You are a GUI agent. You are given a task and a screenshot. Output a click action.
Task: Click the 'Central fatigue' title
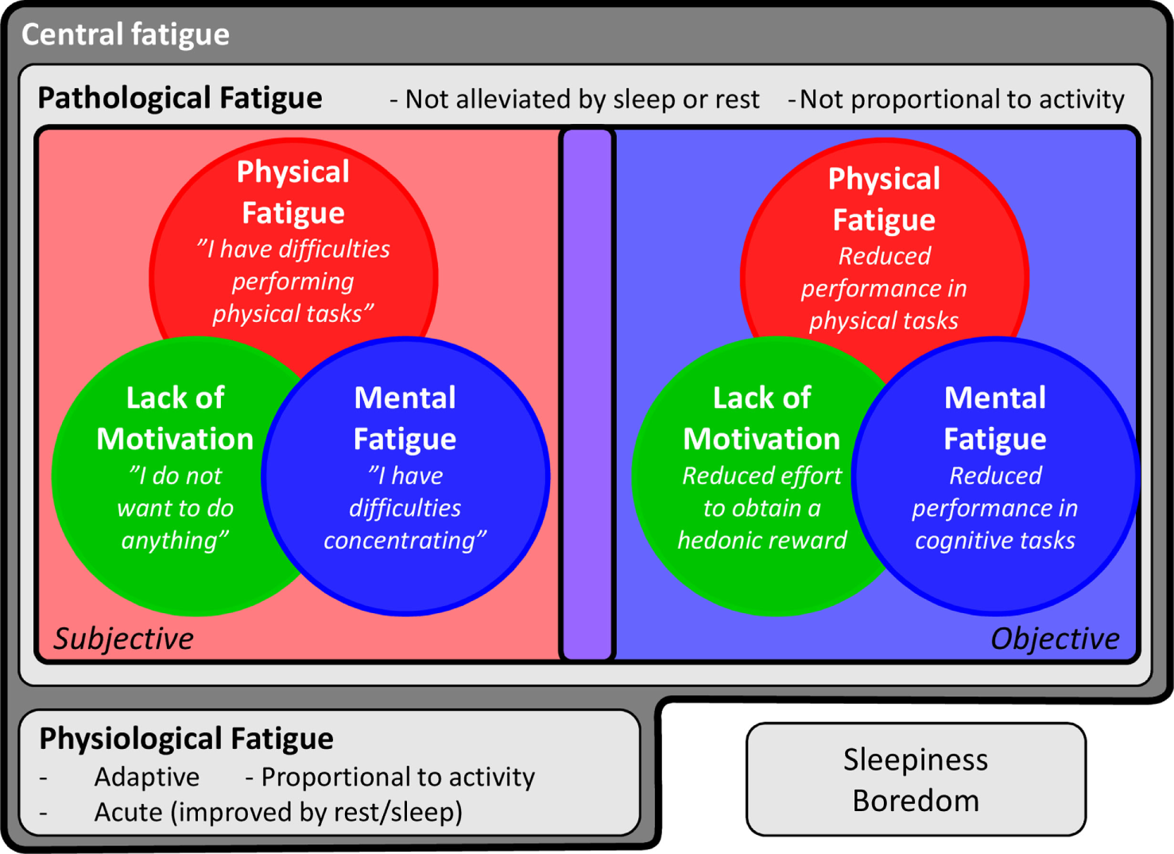click(x=125, y=34)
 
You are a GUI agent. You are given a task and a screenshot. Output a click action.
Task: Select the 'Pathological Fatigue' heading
click(x=180, y=98)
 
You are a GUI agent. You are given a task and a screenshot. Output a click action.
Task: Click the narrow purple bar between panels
click(x=587, y=394)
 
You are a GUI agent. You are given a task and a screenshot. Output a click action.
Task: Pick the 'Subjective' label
click(x=123, y=639)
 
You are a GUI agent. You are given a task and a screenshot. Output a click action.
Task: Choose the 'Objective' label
click(x=1054, y=639)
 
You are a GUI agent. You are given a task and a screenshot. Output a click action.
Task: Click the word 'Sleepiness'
click(x=916, y=759)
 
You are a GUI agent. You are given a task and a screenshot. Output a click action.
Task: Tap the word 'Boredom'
click(x=916, y=801)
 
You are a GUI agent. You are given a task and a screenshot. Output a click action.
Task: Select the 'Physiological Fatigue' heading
click(x=186, y=739)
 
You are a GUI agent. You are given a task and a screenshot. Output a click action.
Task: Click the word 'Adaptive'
click(x=147, y=777)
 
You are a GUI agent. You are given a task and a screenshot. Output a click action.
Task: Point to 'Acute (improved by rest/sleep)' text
click(x=278, y=812)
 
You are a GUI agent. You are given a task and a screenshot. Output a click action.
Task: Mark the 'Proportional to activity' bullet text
click(x=397, y=777)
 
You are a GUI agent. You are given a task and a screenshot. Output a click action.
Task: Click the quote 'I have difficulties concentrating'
click(x=405, y=508)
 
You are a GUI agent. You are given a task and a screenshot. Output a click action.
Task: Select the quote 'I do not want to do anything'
click(x=176, y=508)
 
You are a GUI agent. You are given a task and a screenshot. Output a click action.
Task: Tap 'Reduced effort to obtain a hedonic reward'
click(x=761, y=508)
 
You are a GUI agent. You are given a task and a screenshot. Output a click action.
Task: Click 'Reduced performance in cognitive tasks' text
click(x=995, y=508)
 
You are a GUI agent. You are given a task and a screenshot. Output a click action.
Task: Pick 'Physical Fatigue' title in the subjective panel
click(x=293, y=192)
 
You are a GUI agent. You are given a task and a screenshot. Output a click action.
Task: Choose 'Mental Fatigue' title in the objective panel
click(x=995, y=418)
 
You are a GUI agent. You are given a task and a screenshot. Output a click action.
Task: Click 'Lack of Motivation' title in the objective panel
click(x=761, y=418)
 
